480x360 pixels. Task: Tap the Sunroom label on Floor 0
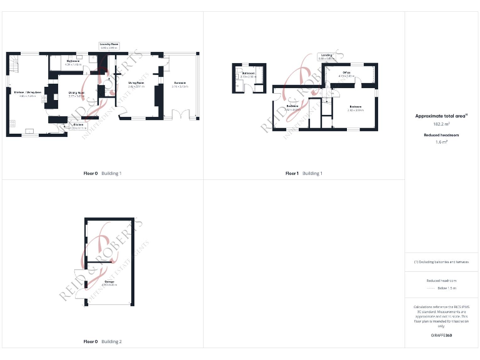[179, 84]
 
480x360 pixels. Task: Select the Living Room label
[136, 84]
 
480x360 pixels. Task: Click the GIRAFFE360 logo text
[441, 336]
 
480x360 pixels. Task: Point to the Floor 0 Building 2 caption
[102, 342]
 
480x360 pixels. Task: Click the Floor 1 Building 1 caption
[304, 173]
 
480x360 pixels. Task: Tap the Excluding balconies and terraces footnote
[441, 262]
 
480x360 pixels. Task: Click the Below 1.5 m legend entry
[441, 288]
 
